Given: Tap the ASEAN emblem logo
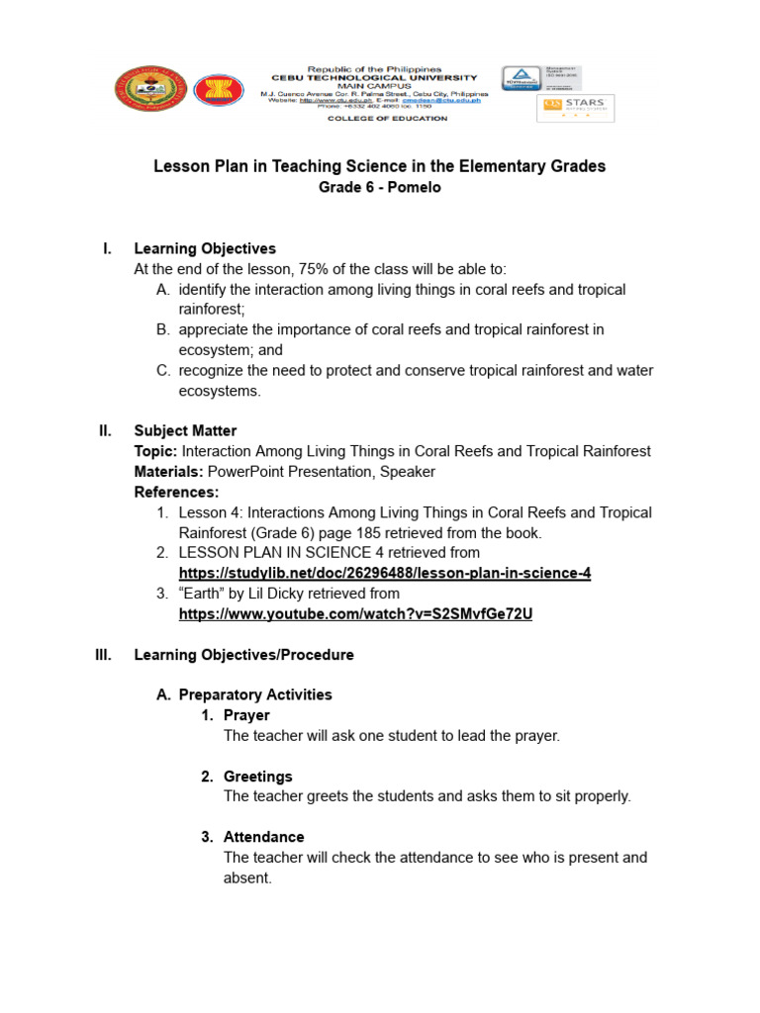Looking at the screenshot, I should (218, 91).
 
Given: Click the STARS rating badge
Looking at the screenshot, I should (575, 108).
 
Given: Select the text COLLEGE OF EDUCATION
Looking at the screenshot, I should (388, 119).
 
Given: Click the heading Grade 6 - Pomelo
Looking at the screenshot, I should (379, 187).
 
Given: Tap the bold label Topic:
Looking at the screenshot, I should (155, 451).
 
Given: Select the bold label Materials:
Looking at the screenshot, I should (169, 472).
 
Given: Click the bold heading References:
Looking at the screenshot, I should (176, 492).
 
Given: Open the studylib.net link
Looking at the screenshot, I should (385, 573).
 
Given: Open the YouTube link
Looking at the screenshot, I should (355, 613).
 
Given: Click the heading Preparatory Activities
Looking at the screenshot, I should (255, 694).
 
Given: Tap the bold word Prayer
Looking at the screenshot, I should (246, 715).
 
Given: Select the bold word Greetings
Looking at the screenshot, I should (258, 777).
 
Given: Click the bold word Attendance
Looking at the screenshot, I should (264, 837).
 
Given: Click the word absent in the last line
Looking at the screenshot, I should (246, 877).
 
